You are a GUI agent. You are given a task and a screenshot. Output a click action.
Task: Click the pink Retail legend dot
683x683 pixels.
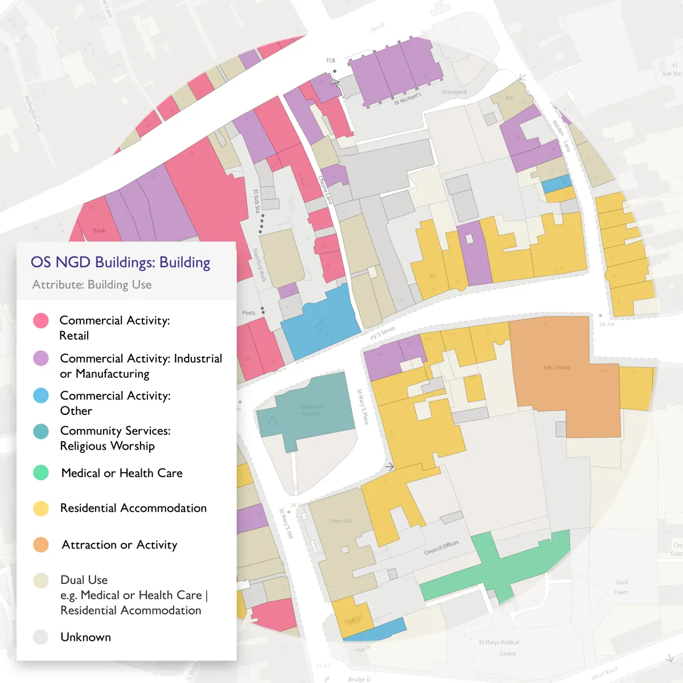pyautogui.click(x=41, y=320)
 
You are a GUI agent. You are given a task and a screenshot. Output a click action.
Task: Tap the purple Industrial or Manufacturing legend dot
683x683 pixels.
pyautogui.click(x=41, y=358)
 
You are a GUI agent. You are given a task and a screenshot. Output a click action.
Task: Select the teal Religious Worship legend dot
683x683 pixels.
pyautogui.click(x=41, y=431)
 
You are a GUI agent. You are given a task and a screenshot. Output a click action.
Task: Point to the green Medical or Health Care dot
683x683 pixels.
pyautogui.click(x=41, y=472)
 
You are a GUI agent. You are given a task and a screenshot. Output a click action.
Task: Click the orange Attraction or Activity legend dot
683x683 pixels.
pyautogui.click(x=41, y=545)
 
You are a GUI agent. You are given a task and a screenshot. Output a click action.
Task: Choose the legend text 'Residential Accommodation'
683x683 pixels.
pyautogui.click(x=133, y=508)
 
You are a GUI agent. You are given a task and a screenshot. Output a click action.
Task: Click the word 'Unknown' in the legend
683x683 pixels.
pyautogui.click(x=85, y=637)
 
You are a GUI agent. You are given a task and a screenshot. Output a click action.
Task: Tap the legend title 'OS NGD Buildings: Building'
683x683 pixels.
pyautogui.click(x=120, y=262)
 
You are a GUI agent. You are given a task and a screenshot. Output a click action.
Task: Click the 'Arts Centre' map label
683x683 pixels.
pyautogui.click(x=556, y=368)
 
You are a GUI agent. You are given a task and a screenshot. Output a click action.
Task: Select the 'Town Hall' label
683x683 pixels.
pyautogui.click(x=340, y=521)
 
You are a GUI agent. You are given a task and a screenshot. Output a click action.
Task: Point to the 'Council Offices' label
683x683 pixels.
pyautogui.click(x=441, y=548)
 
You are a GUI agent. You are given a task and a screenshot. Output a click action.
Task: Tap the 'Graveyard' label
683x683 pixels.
pyautogui.click(x=454, y=92)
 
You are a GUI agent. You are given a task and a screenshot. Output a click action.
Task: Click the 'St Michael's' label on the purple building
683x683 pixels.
pyautogui.click(x=408, y=98)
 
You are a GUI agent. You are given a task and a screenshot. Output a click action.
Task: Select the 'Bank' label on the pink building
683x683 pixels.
pyautogui.click(x=100, y=231)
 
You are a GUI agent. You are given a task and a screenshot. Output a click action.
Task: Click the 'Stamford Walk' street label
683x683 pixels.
pyautogui.click(x=260, y=265)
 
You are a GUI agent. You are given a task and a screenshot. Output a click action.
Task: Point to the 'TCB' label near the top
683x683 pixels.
pyautogui.click(x=330, y=60)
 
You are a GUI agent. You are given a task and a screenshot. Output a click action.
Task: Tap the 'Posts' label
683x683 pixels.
pyautogui.click(x=249, y=312)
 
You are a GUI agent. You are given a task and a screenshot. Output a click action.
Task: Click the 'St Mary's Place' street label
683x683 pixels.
pyautogui.click(x=363, y=407)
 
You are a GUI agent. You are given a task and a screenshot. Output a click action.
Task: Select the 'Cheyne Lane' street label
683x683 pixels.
pyautogui.click(x=324, y=190)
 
